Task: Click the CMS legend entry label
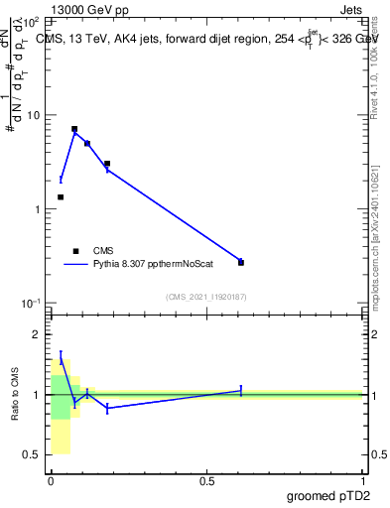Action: pos(104,251)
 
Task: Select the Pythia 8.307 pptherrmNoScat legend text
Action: pos(154,265)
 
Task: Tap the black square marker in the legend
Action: pos(75,251)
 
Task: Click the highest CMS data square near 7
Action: pos(74,129)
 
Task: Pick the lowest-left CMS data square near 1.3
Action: pos(61,197)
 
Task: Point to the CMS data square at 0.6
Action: pos(241,263)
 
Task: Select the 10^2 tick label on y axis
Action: pos(31,21)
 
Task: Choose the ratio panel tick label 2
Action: pos(38,334)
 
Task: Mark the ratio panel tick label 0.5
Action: pos(33,454)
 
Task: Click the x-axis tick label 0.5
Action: pos(206,481)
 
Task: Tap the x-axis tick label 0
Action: pos(51,481)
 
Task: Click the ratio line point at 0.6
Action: pos(241,391)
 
